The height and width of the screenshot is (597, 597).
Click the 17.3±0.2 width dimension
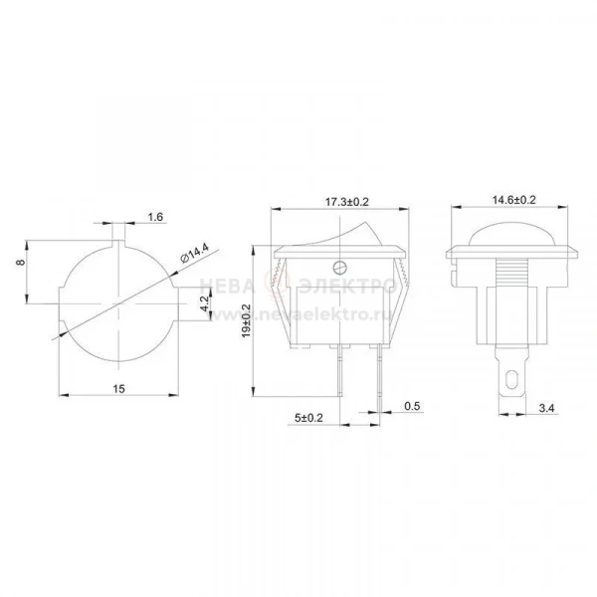coord(347,202)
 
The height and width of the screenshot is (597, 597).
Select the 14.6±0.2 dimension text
coord(514,200)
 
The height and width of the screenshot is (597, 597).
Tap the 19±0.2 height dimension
coord(246,320)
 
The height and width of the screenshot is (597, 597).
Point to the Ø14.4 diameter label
coord(195,253)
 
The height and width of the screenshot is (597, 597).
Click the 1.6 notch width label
coord(155,217)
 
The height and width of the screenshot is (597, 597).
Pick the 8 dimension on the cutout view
coord(21,262)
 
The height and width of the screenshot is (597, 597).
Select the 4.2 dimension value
coord(205,303)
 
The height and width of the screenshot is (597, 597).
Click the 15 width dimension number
coord(118,389)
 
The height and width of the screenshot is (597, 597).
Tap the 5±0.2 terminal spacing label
coord(308,418)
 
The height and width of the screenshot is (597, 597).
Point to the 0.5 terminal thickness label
coord(412,406)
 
